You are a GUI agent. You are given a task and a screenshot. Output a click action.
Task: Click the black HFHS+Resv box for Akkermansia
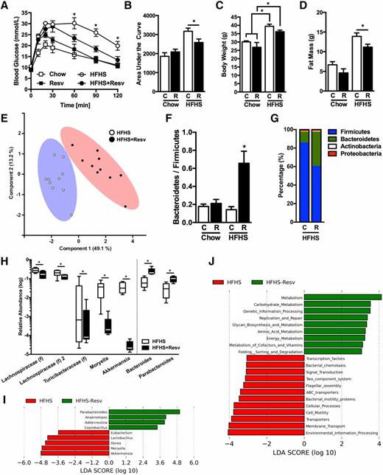click(129, 345)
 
